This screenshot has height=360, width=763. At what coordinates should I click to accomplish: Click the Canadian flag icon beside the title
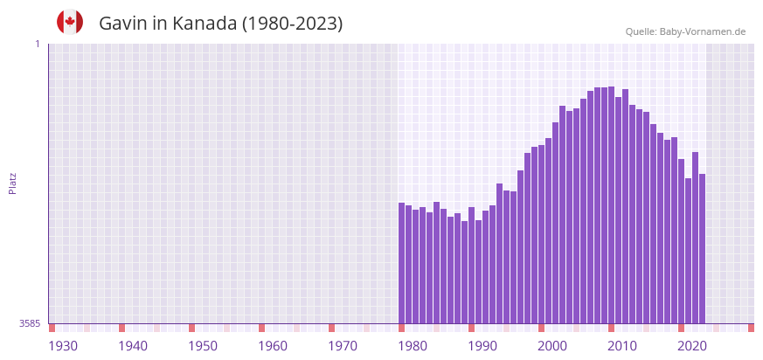(x=70, y=23)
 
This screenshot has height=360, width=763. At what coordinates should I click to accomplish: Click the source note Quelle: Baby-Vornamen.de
(x=685, y=31)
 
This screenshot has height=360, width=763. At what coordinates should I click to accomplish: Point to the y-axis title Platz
(x=12, y=183)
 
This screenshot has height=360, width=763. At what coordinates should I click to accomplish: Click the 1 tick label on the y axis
(x=37, y=44)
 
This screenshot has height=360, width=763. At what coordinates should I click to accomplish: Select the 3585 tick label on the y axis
(x=30, y=323)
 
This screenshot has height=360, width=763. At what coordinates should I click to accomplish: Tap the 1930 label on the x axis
(x=63, y=346)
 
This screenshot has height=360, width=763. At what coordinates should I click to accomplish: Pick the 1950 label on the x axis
(x=203, y=346)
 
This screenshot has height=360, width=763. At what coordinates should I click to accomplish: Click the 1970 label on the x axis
(x=343, y=346)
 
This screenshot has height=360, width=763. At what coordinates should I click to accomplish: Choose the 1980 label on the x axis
(x=413, y=346)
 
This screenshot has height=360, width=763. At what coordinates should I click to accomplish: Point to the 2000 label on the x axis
(x=552, y=346)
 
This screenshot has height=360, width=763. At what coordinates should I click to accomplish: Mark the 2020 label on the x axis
(x=692, y=346)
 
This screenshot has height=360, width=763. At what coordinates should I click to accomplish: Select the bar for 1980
(x=402, y=262)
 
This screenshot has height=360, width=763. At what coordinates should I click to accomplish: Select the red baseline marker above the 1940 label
(x=122, y=328)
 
